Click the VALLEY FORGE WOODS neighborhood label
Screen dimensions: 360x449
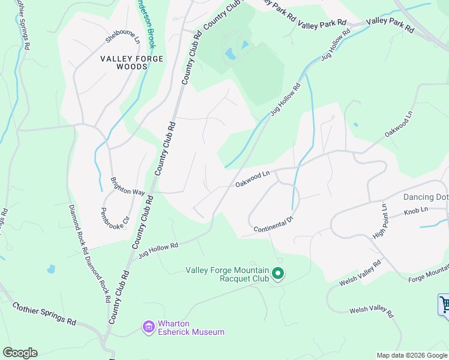click(124, 62)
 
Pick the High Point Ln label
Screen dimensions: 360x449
click(381, 221)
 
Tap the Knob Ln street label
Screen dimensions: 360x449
click(415, 212)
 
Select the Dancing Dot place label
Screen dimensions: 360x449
click(426, 196)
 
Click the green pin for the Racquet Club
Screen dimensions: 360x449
click(277, 274)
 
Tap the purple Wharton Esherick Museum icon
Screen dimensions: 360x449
click(148, 327)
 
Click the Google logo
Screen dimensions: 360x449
click(20, 353)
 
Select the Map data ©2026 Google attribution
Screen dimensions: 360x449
click(411, 355)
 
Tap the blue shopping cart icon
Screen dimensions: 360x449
click(444, 304)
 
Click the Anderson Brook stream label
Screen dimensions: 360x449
click(150, 24)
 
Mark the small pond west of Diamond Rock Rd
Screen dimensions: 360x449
click(51, 269)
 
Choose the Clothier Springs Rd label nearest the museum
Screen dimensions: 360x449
click(44, 314)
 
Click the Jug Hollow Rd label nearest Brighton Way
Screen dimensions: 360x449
click(158, 250)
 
